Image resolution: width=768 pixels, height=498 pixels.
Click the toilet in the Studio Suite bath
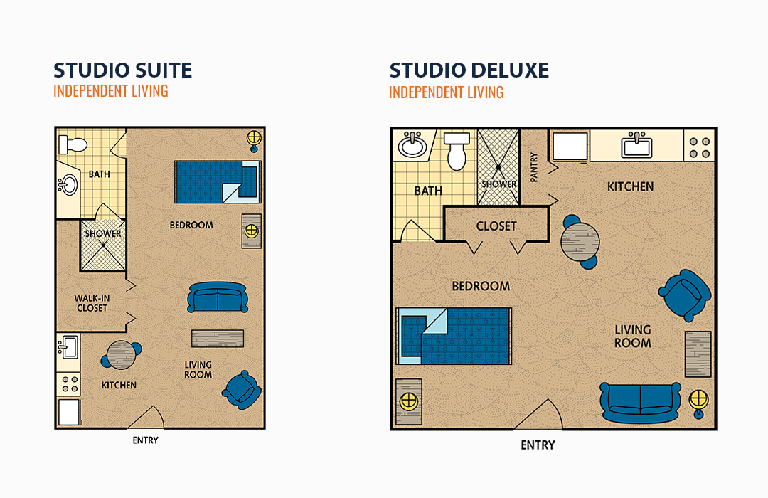(x=73, y=144)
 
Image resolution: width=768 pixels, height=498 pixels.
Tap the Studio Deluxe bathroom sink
(x=412, y=144)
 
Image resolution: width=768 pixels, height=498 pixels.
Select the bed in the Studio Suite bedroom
(x=218, y=181)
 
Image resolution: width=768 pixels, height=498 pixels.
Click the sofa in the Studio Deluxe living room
(x=640, y=403)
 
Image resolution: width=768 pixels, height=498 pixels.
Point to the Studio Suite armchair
(x=242, y=390)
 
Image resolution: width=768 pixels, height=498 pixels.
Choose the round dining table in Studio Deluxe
(x=580, y=242)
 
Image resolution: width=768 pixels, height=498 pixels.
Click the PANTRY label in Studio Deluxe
(x=534, y=166)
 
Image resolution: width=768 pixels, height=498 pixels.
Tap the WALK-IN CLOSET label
(x=92, y=303)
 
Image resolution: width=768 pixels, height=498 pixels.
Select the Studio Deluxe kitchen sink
(x=636, y=145)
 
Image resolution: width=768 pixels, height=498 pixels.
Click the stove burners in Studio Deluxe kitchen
(x=700, y=147)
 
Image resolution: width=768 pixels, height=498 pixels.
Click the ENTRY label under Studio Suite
(x=146, y=440)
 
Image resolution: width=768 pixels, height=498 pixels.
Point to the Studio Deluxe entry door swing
(x=538, y=415)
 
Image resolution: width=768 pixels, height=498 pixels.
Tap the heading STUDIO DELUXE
(x=469, y=70)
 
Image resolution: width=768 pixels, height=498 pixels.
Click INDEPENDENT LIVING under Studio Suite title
(x=111, y=91)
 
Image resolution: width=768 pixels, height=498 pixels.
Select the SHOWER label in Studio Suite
(x=103, y=233)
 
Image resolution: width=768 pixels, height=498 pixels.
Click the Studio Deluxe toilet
(x=457, y=151)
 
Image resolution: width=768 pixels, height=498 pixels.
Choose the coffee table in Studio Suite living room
(x=218, y=338)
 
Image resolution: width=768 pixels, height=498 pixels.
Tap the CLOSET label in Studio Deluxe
(x=496, y=226)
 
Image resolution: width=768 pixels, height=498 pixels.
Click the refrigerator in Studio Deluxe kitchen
(x=570, y=146)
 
